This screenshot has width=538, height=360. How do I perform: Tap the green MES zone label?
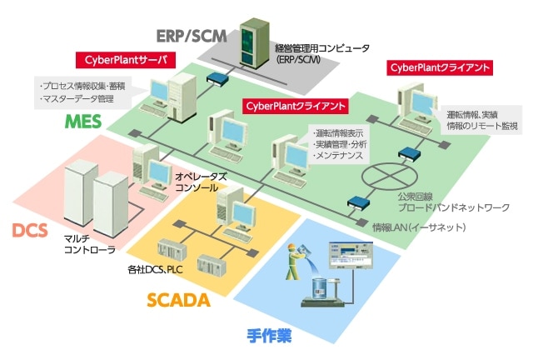coord(84,122)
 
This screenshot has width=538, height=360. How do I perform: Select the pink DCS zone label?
coord(30,230)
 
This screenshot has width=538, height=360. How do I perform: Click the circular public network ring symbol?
coord(391,177)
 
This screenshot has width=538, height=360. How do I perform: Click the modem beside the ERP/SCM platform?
coord(219,79)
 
